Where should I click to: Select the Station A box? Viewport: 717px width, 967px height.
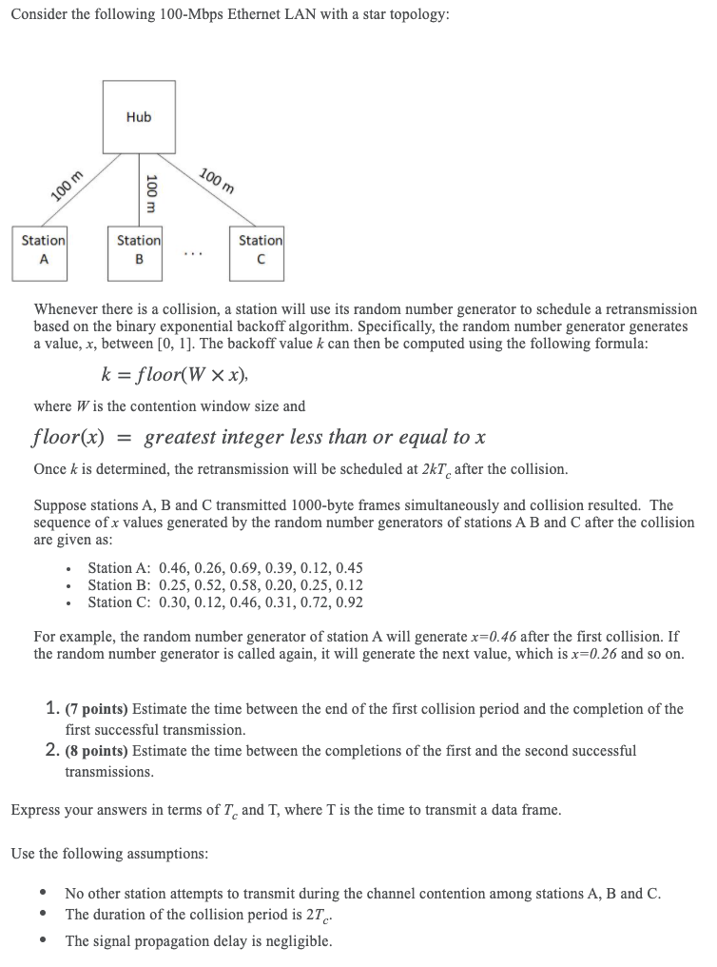coord(39,251)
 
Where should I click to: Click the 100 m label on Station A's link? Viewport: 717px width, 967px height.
coord(68,186)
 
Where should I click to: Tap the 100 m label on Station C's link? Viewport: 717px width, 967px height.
coord(217,180)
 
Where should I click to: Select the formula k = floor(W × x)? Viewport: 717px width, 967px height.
coord(179,373)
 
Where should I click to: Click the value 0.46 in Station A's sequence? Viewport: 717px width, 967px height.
coord(176,568)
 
